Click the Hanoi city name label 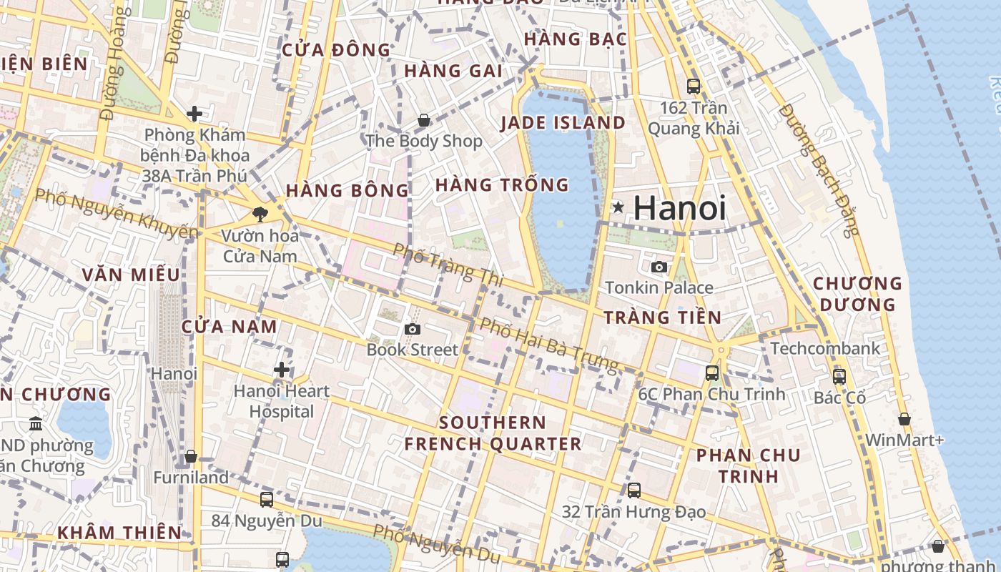679,208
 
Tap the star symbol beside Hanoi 618,207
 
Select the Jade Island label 563,123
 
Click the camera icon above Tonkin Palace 659,267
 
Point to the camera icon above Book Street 412,329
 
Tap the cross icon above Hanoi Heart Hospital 282,370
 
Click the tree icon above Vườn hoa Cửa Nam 260,214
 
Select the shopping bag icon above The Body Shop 424,120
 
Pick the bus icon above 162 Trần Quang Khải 694,87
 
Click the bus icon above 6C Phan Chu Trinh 711,373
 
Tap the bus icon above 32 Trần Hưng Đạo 634,490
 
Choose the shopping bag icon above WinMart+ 904,419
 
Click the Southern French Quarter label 493,433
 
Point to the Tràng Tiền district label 663,317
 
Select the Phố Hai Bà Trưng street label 548,345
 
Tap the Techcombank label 825,349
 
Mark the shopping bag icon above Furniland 191,456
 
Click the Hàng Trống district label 502,185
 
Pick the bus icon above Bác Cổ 839,376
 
